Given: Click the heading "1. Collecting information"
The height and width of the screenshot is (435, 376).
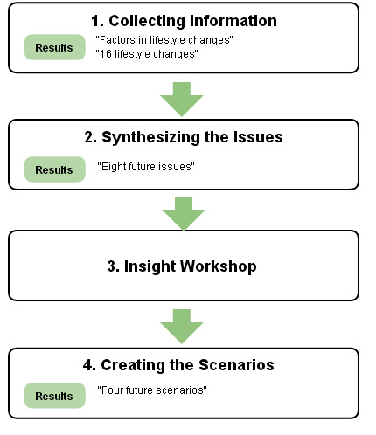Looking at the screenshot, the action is pyautogui.click(x=184, y=21).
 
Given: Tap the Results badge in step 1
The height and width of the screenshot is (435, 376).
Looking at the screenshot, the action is pyautogui.click(x=54, y=47).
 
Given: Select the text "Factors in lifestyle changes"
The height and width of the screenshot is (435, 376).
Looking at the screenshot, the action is pyautogui.click(x=164, y=40).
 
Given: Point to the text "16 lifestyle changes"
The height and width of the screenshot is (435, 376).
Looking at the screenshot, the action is pyautogui.click(x=147, y=54).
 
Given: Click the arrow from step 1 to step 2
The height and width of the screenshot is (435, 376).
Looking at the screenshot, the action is pyautogui.click(x=182, y=99).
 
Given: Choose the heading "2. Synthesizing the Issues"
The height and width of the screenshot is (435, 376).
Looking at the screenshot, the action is pyautogui.click(x=184, y=137).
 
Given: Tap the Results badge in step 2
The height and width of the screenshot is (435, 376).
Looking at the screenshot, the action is pyautogui.click(x=54, y=169).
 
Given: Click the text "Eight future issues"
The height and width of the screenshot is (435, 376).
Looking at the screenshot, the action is pyautogui.click(x=146, y=167).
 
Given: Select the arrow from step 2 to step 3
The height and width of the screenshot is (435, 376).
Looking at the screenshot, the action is pyautogui.click(x=184, y=213).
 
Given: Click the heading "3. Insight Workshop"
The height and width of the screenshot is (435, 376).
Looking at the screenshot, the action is pyautogui.click(x=182, y=266).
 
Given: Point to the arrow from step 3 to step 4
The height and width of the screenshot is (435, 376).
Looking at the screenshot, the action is pyautogui.click(x=182, y=327).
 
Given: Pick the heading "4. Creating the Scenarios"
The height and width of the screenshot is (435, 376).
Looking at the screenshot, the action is pyautogui.click(x=178, y=365).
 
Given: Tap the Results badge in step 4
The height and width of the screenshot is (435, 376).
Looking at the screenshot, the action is pyautogui.click(x=54, y=396).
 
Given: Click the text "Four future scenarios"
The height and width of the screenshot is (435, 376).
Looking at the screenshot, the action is pyautogui.click(x=152, y=390).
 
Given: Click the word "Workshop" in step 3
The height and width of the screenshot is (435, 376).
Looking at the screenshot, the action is pyautogui.click(x=219, y=266).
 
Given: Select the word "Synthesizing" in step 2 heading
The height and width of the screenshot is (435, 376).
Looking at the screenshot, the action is pyautogui.click(x=150, y=137).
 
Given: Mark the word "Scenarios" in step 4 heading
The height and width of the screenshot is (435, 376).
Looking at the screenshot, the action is pyautogui.click(x=237, y=365).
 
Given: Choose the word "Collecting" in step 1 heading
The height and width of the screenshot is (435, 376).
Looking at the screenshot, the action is pyautogui.click(x=147, y=21).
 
